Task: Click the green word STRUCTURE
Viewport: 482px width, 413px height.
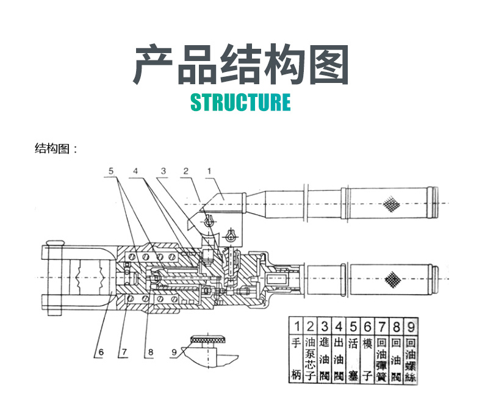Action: (240, 102)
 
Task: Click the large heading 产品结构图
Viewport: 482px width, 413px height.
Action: (240, 65)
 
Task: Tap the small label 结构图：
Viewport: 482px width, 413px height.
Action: (56, 149)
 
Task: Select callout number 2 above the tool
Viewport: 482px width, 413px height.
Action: (185, 172)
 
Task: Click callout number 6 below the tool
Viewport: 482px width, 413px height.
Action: (99, 351)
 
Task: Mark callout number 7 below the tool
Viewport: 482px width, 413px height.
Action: (124, 351)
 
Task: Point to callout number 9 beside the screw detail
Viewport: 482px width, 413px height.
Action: (174, 352)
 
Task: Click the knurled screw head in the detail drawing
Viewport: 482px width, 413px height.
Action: (207, 339)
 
